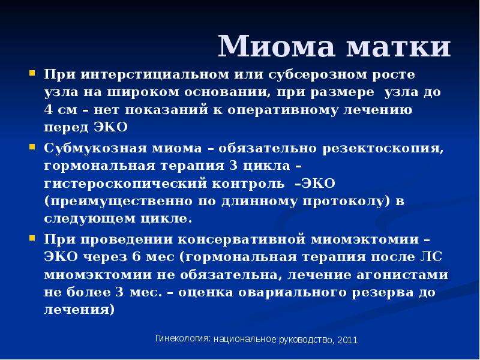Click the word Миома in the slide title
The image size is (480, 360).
pyautogui.click(x=276, y=46)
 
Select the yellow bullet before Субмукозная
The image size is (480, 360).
pyautogui.click(x=32, y=147)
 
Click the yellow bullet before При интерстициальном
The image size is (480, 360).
pyautogui.click(x=32, y=73)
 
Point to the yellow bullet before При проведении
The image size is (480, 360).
pyautogui.click(x=32, y=238)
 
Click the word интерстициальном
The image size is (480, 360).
pyautogui.click(x=155, y=74)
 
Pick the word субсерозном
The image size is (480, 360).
pyautogui.click(x=317, y=74)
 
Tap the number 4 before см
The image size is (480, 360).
pyautogui.click(x=49, y=110)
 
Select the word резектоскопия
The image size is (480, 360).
pyautogui.click(x=383, y=149)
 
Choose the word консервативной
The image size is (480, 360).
pyautogui.click(x=242, y=239)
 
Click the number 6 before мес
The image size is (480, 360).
pyautogui.click(x=136, y=257)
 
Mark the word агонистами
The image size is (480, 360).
pyautogui.click(x=402, y=275)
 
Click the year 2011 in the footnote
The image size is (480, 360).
pyautogui.click(x=347, y=340)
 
